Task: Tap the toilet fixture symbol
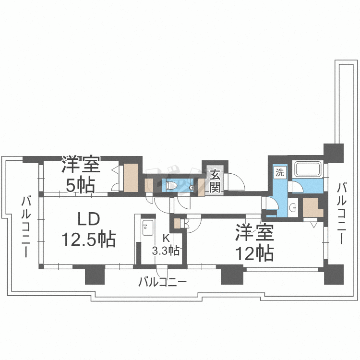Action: [172, 185]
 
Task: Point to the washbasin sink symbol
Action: [292, 207]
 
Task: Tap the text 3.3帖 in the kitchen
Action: [166, 250]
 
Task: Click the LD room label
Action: [89, 220]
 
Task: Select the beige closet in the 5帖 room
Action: [131, 178]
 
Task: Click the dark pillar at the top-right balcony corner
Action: [334, 153]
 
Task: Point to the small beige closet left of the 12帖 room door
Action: [178, 223]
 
